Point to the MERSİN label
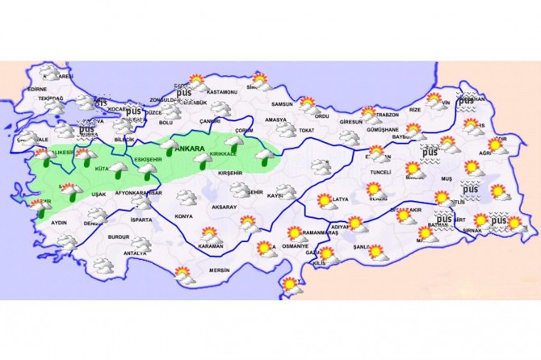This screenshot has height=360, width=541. pos(220,270)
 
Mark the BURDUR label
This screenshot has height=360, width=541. pos(118,237)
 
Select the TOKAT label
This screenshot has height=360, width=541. pos(305,129)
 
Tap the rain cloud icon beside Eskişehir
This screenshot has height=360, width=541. pos(147,168)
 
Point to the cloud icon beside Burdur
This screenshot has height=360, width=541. pos(143,241)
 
